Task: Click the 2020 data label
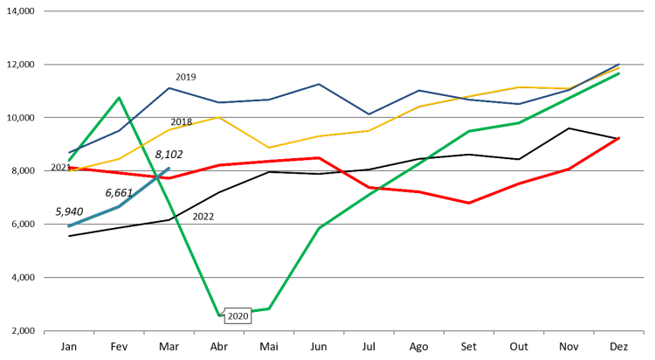238,316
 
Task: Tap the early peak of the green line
119,97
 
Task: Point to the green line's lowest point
219,315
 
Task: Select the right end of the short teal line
169,169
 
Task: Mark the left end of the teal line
69,225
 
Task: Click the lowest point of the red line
469,203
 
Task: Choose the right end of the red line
619,137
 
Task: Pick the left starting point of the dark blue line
69,153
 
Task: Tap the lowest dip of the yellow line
269,148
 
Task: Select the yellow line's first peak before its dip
219,117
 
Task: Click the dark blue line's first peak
169,87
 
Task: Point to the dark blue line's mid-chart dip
369,114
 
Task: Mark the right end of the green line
619,73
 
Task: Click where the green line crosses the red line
374,189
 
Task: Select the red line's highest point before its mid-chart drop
319,157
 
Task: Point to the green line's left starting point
69,160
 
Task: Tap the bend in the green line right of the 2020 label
269,308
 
